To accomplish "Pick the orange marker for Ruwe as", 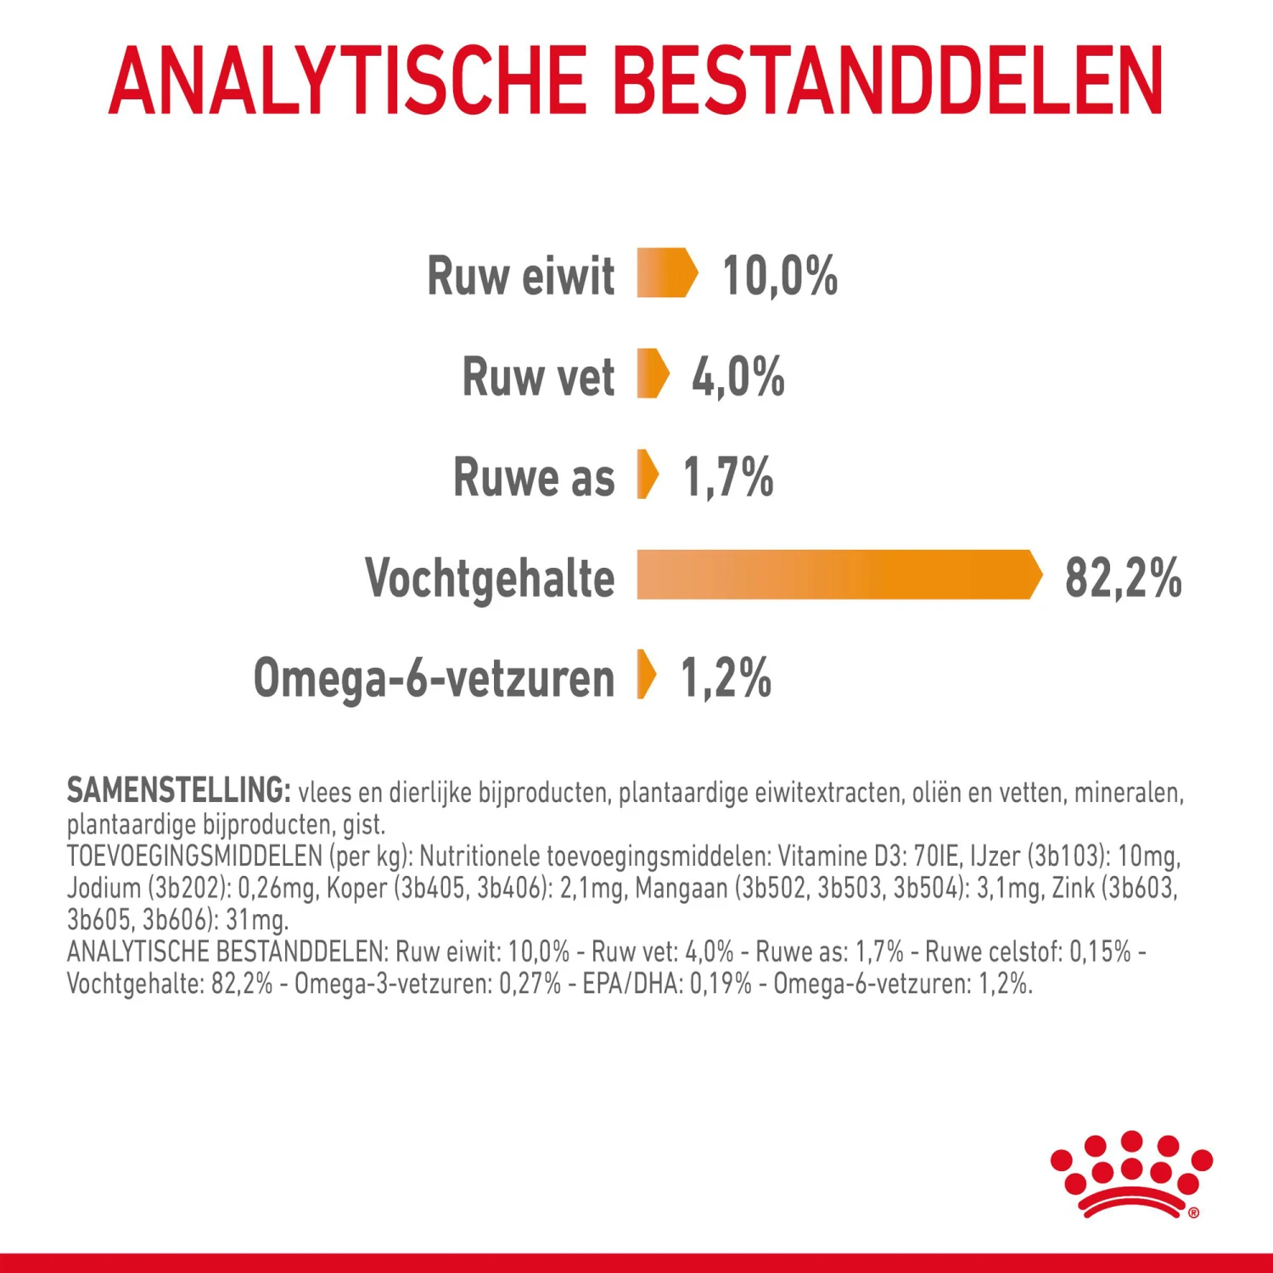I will pos(648,474).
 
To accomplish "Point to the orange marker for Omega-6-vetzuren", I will pos(647,675).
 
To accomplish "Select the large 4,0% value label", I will pos(737,377).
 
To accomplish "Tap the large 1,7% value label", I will pos(728,477).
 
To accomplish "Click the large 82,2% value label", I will pos(1123,578).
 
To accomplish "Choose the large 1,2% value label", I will pos(726,678).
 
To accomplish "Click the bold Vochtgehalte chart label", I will pos(490,579).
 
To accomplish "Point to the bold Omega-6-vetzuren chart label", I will pos(434,679).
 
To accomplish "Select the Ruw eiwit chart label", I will pos(520,276).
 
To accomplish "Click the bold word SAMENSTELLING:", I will pos(179,790).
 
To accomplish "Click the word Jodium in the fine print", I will pos(104,888).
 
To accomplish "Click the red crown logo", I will pos(1131,1175).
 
